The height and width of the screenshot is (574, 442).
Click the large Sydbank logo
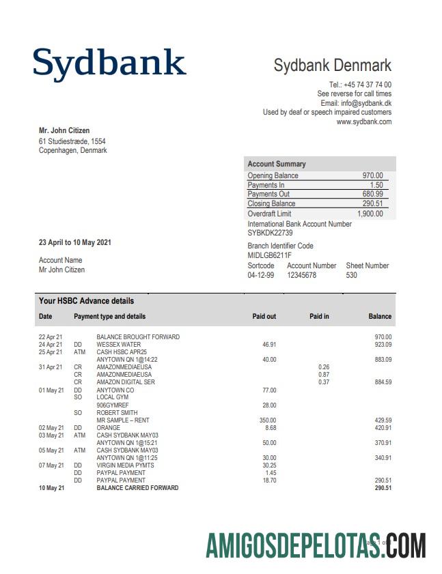(x=109, y=63)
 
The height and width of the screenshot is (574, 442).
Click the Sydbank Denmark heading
(x=333, y=66)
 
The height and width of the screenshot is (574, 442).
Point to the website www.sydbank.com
(x=364, y=121)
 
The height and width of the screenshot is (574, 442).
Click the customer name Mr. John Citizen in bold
(x=64, y=130)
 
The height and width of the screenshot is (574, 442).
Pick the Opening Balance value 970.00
(x=372, y=176)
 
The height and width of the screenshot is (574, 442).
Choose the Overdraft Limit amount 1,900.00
(x=370, y=214)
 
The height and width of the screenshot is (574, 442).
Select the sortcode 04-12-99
(x=260, y=275)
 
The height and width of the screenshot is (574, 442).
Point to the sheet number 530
(x=352, y=275)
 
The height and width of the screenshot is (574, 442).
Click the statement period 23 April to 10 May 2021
(x=75, y=242)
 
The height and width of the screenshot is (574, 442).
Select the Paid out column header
(x=264, y=316)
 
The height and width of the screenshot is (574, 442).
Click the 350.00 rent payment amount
(x=268, y=420)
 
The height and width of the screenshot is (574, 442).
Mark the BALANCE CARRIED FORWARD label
(x=137, y=488)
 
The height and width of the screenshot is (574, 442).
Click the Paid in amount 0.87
(x=324, y=375)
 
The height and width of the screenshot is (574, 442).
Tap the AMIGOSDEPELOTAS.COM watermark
(x=316, y=545)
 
